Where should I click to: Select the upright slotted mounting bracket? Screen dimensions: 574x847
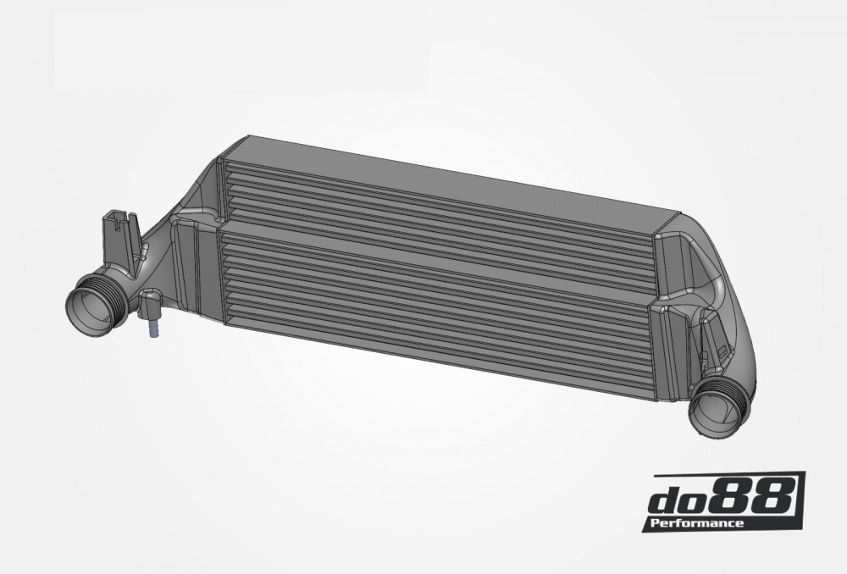tap(119, 237)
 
